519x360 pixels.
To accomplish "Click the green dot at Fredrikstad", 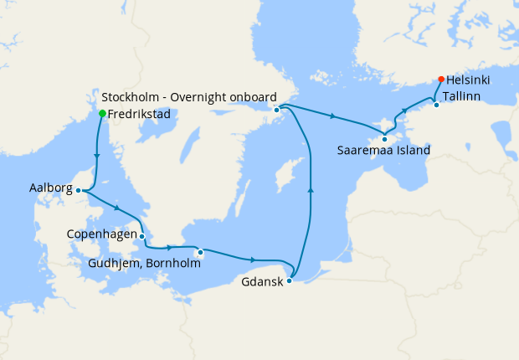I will point(102,113).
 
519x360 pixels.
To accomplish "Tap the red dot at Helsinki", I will point(441,80).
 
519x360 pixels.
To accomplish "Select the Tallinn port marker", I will point(436,105).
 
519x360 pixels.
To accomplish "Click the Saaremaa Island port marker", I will point(384,139).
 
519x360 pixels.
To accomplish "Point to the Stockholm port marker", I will point(276,109).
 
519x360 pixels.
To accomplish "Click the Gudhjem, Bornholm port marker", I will point(200,252).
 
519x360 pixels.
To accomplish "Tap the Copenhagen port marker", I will point(142,236).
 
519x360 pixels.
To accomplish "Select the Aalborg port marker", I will point(78,190).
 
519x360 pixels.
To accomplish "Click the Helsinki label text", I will point(469,80).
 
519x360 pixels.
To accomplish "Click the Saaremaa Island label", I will point(383,152).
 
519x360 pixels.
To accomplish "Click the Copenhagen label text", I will point(101,234).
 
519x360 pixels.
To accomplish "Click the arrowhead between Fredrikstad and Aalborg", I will point(98,155).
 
